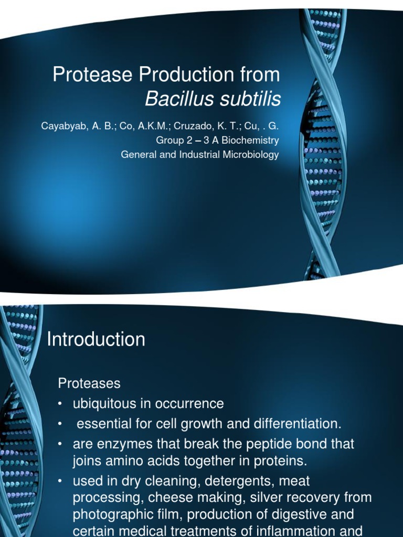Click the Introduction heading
pos(96,340)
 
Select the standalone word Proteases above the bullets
pos(89,383)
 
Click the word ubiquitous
pos(103,404)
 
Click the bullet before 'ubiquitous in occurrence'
pos(61,404)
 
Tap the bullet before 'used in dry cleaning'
pos(61,480)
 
